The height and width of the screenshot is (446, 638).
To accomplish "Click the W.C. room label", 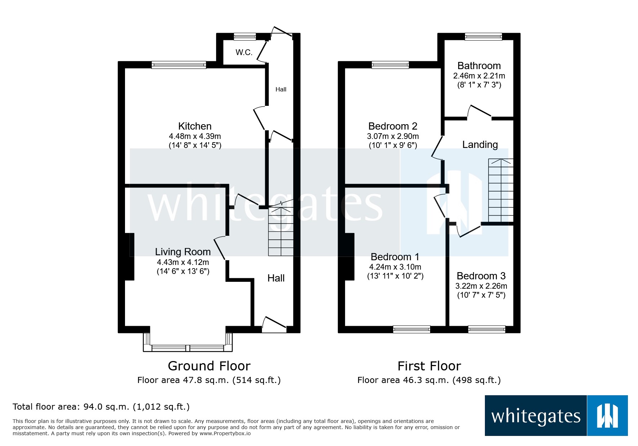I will tap(244, 53).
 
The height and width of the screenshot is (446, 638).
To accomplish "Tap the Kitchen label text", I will tap(195, 126).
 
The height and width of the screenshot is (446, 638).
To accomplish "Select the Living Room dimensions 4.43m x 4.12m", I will tap(183, 262).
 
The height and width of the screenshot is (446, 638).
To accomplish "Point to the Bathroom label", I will tap(479, 66).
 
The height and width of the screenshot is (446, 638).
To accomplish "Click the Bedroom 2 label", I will tap(393, 126).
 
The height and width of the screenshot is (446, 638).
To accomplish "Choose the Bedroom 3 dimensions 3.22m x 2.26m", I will tap(481, 286).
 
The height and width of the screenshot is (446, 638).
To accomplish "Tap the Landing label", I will tap(480, 145).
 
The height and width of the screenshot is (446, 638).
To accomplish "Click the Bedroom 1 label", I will tap(395, 257).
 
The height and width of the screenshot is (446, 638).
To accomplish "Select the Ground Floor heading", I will tap(209, 366).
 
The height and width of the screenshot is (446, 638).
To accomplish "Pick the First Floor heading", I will tap(429, 366).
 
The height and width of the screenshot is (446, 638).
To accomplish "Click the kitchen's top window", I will tap(179, 65).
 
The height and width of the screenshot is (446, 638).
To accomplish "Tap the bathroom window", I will tap(483, 36).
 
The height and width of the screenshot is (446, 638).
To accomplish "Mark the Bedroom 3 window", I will tap(486, 329).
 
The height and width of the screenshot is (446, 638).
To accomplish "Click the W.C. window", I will tap(245, 36).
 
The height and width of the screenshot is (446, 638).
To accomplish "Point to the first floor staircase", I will tap(500, 191).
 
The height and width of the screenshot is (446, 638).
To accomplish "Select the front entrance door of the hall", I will tap(274, 325).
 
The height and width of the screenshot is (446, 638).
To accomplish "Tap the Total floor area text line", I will tap(101, 407).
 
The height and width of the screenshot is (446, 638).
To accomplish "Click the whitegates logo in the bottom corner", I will tap(556, 416).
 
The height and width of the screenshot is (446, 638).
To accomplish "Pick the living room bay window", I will tap(188, 348).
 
